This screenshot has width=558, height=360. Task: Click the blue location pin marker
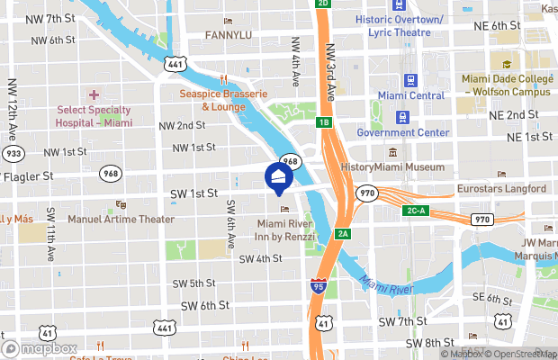(x=279, y=175)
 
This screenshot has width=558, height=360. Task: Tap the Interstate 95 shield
(x=318, y=286)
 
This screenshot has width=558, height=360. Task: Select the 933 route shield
(x=12, y=154)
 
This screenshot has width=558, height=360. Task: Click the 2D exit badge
(x=323, y=4)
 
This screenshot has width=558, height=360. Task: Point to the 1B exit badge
(x=323, y=121)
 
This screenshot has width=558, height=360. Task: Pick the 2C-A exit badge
(x=414, y=210)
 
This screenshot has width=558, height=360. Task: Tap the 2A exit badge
(x=343, y=234)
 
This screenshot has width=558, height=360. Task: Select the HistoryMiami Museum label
(x=393, y=167)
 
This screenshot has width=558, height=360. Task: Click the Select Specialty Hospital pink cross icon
(x=94, y=94)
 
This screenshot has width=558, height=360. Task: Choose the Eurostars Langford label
(x=500, y=189)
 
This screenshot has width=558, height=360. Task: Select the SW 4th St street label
(x=261, y=258)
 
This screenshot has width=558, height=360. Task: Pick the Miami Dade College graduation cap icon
(x=506, y=64)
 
